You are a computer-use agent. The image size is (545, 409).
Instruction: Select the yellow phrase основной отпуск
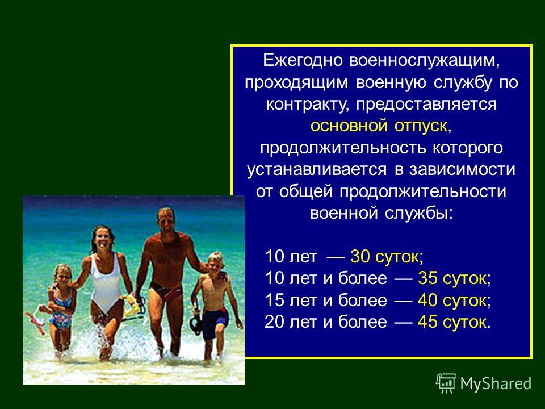tap(379, 126)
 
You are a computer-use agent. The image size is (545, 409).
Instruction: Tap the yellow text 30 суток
tap(384, 257)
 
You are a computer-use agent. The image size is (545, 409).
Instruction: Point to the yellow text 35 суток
tap(452, 278)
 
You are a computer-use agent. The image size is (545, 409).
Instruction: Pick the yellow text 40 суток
tap(452, 300)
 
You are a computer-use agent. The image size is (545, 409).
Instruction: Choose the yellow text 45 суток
tap(452, 322)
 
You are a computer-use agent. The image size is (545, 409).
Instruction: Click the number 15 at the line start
tap(274, 300)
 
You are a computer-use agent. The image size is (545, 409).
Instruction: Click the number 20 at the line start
tap(274, 322)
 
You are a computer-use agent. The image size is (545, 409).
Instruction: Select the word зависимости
tap(463, 170)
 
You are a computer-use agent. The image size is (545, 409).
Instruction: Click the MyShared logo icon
tap(446, 383)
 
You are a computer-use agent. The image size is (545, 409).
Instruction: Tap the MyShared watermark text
tap(496, 383)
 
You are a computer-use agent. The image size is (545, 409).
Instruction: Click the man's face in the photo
tap(166, 221)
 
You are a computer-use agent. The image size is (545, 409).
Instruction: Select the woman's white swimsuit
tap(106, 282)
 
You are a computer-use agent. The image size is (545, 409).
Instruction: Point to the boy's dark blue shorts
tap(214, 323)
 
